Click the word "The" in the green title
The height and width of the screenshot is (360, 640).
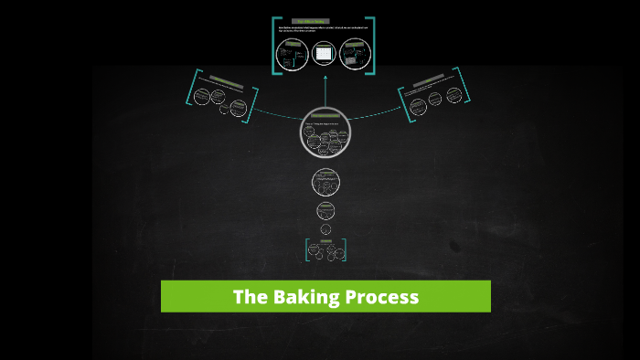[249, 297]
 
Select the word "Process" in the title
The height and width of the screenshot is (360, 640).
[383, 297]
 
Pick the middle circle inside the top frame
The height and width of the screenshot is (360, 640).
[324, 54]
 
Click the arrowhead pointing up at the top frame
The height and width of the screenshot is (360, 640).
[325, 79]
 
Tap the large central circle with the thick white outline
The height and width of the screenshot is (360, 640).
[325, 134]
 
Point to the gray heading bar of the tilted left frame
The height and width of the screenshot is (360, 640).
[225, 81]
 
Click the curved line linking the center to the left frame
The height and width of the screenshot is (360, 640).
[274, 115]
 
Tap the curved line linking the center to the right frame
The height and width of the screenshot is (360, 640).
[375, 115]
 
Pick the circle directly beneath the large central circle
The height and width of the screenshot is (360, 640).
[325, 182]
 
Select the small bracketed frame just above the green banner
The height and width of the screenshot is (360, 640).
[325, 249]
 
